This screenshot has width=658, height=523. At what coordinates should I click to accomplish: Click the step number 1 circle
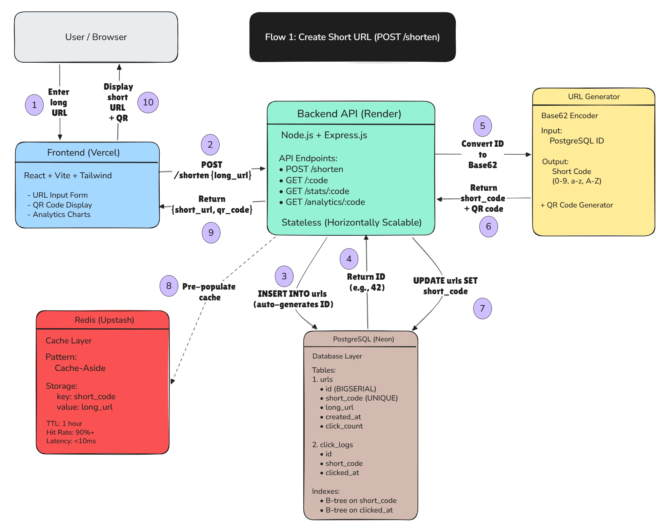click(x=34, y=105)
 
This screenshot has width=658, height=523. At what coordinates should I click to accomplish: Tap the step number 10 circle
click(x=148, y=102)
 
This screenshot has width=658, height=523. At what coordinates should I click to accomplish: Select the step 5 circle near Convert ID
click(x=482, y=126)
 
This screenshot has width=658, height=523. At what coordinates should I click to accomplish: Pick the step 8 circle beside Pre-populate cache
click(x=169, y=286)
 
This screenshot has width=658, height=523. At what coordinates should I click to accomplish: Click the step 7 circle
click(x=482, y=308)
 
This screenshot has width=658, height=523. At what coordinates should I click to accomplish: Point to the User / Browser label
click(x=96, y=37)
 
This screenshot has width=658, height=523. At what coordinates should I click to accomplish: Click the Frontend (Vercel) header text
click(x=83, y=153)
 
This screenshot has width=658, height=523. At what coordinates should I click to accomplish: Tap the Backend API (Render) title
click(x=349, y=114)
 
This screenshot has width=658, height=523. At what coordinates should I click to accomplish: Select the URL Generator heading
click(x=594, y=97)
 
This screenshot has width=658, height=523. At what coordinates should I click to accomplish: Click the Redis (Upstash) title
click(x=104, y=320)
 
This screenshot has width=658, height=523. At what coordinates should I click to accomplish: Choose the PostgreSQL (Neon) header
click(x=363, y=339)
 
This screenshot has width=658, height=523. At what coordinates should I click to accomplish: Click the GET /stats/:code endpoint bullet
click(x=317, y=191)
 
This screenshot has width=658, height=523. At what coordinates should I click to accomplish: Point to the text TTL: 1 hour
click(x=64, y=424)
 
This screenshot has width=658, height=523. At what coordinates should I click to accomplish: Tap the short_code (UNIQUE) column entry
click(x=361, y=398)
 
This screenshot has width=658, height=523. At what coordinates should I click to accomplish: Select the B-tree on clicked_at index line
click(x=359, y=510)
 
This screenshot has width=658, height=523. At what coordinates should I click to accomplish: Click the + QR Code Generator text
click(x=577, y=205)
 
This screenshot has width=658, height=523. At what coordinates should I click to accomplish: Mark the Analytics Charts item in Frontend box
click(x=61, y=214)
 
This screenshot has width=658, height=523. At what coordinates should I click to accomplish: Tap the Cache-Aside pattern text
click(x=80, y=368)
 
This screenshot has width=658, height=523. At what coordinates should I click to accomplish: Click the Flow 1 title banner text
click(x=352, y=37)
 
